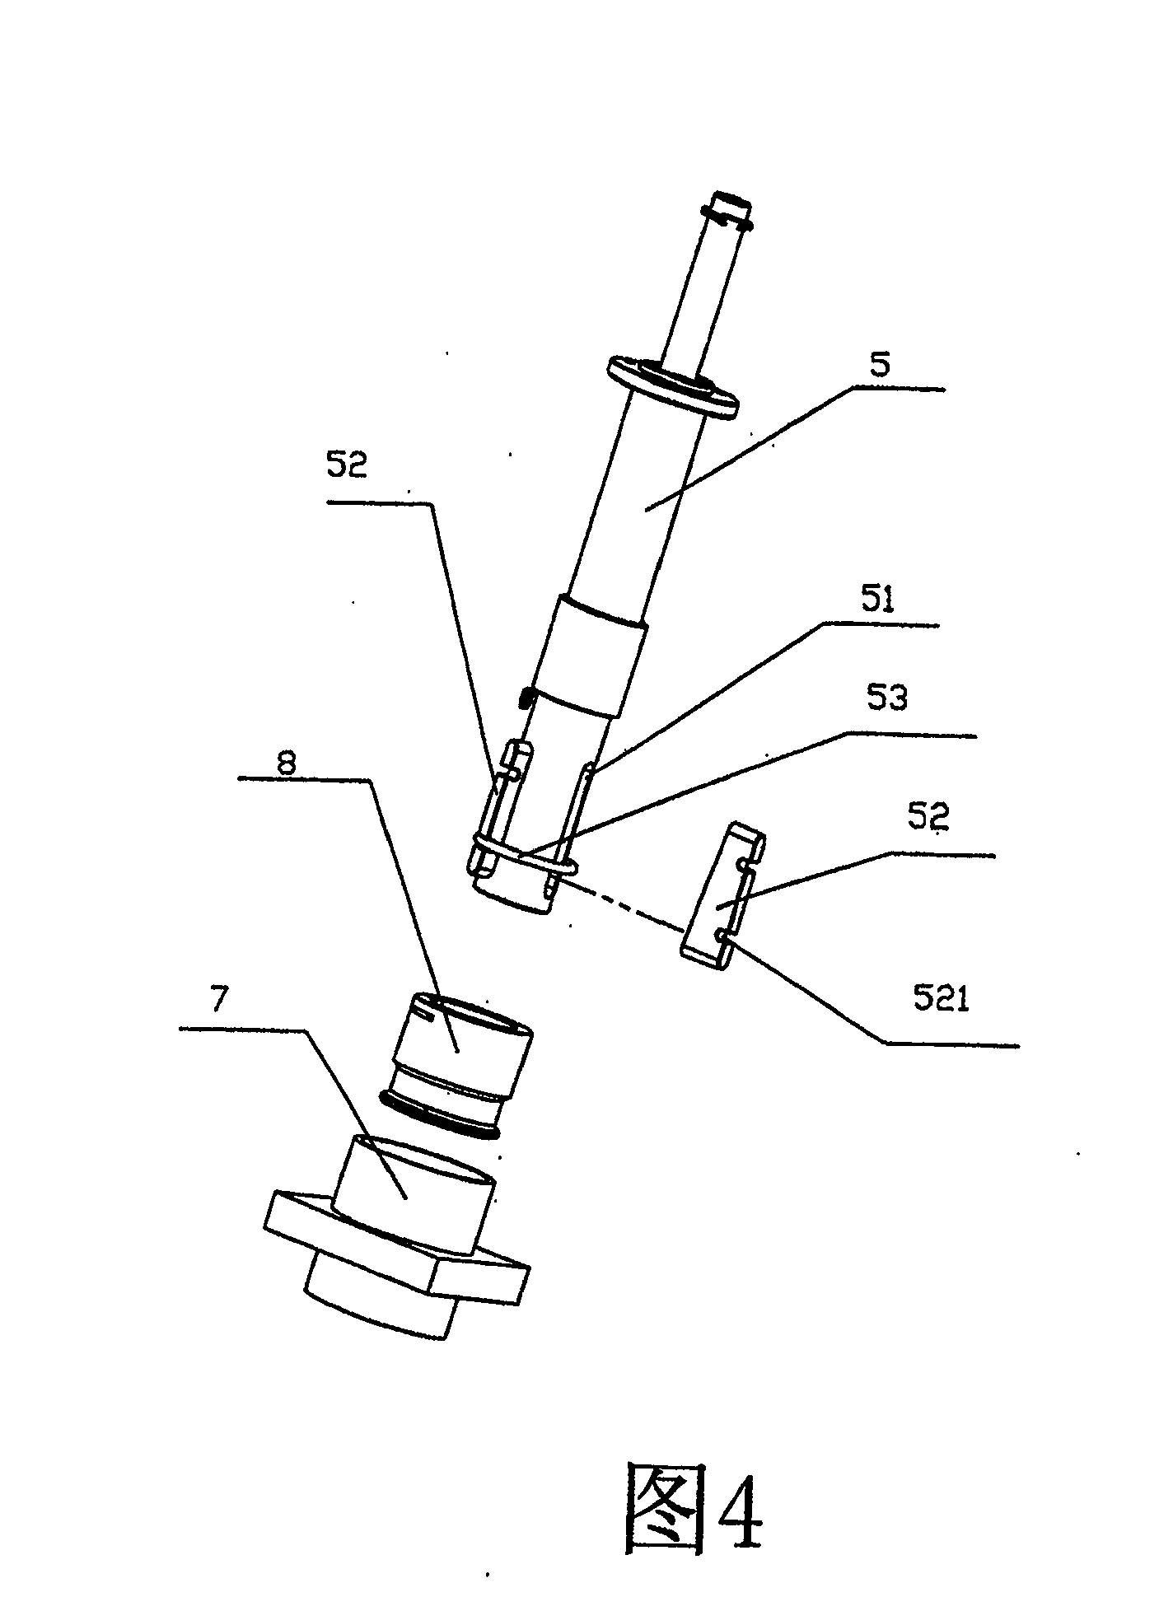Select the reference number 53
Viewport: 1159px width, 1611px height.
click(888, 698)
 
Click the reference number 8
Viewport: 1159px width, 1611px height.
click(286, 762)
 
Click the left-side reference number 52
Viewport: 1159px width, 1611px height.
click(347, 465)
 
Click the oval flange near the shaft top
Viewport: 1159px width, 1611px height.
click(673, 385)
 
